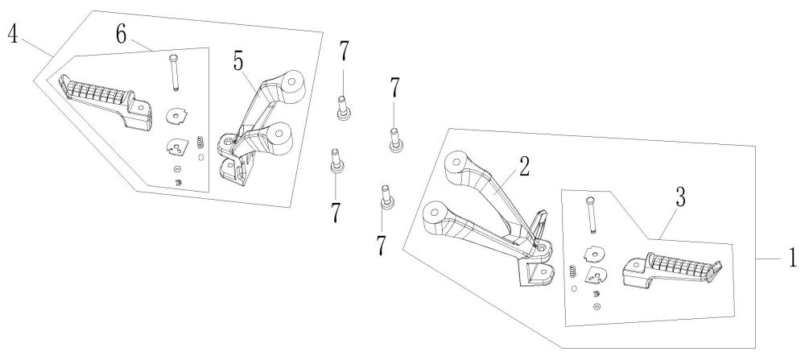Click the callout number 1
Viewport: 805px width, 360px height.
pos(792,258)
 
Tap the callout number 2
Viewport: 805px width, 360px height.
pos(523,167)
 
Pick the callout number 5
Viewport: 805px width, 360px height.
pos(239,62)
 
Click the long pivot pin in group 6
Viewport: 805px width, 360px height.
pos(173,72)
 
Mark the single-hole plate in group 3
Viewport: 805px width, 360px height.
pos(596,253)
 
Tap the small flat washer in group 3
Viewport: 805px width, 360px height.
pos(596,305)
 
